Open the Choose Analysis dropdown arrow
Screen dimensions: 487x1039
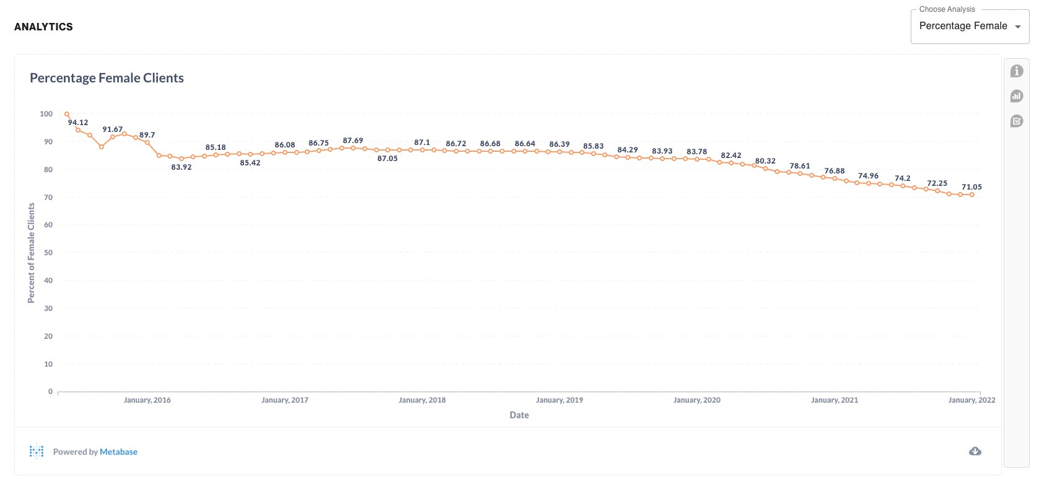(1017, 27)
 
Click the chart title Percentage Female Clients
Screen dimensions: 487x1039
(107, 78)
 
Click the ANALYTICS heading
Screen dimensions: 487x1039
(43, 27)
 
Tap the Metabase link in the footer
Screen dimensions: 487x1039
(118, 452)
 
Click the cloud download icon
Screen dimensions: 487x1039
(975, 451)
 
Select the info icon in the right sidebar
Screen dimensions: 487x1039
(1017, 71)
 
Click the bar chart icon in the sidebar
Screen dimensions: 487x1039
(1017, 96)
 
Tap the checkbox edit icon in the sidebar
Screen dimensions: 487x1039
(1017, 121)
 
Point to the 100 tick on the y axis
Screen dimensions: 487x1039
(46, 114)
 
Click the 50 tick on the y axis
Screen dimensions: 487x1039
(48, 253)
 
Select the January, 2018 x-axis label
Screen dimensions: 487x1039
(422, 400)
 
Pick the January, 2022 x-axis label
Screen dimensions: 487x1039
(971, 400)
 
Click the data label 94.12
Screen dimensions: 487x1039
(78, 123)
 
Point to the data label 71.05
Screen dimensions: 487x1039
(971, 187)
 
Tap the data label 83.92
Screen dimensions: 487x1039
(182, 167)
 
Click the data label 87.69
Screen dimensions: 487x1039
(353, 141)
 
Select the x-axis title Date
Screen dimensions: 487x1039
(519, 415)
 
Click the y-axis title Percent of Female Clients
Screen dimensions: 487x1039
(32, 253)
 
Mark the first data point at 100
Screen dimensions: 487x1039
(67, 114)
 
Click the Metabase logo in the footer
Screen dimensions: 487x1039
(37, 451)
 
